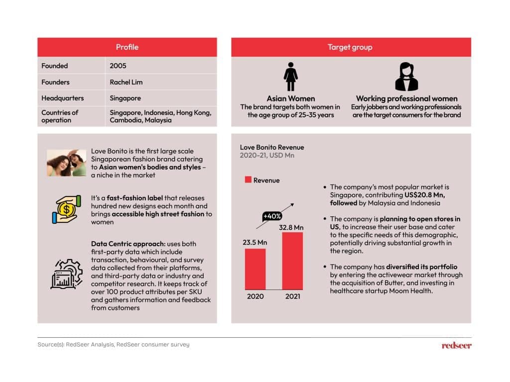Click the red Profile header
[x=127, y=47]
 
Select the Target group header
[x=350, y=47]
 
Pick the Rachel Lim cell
[x=126, y=82]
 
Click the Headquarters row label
[x=62, y=98]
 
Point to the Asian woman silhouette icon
[x=290, y=77]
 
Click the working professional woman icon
[x=406, y=77]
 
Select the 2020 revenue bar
[x=255, y=269]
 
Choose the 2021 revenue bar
[x=292, y=261]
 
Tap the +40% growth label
[x=272, y=216]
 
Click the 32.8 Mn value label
[x=291, y=227]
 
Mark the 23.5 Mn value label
[x=255, y=243]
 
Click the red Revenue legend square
[x=248, y=180]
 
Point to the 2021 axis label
[x=292, y=297]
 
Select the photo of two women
[x=66, y=163]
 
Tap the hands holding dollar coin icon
[x=66, y=209]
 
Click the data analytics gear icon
[x=66, y=274]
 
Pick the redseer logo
[x=456, y=345]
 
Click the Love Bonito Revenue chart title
[x=272, y=147]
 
